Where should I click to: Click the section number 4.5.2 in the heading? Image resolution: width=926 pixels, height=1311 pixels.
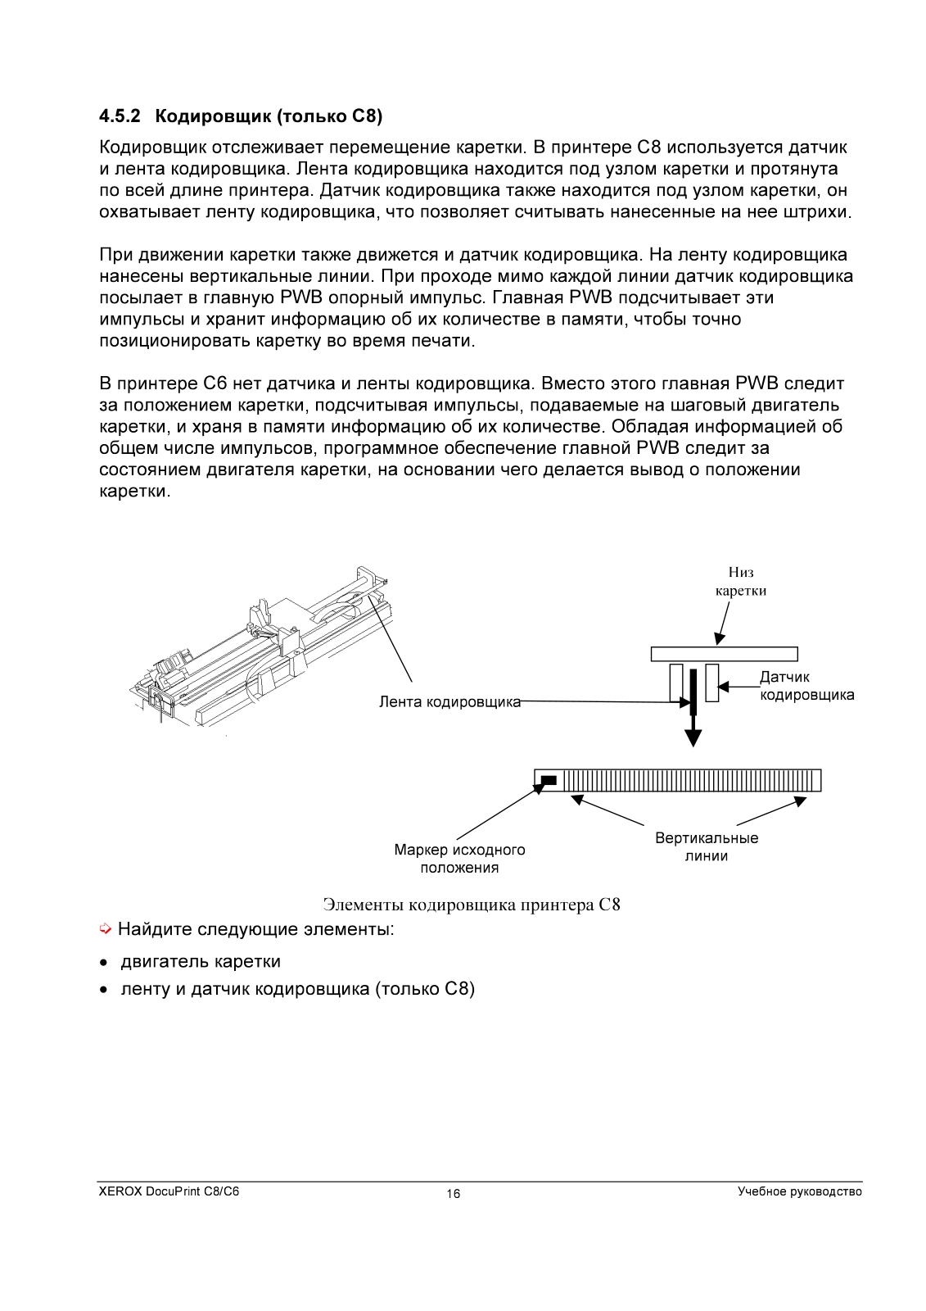point(120,116)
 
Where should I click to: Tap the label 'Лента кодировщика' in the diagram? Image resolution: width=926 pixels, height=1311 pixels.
point(449,702)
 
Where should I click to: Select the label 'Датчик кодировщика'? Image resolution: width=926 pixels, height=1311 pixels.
point(806,686)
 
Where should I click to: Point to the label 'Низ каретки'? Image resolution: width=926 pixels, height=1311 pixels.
point(740,582)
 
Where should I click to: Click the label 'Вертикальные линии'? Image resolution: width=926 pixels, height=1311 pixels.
point(707,847)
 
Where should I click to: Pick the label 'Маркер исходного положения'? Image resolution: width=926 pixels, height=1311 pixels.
point(459,859)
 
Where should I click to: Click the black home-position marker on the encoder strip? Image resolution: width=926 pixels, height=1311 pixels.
point(549,780)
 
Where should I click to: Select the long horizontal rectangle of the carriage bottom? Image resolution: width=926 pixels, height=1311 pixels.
point(724,654)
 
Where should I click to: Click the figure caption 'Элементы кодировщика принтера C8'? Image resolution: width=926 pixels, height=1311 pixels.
point(472,905)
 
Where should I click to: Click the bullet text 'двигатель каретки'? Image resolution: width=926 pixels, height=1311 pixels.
point(201,961)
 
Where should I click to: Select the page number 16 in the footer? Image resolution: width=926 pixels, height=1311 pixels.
point(454,1194)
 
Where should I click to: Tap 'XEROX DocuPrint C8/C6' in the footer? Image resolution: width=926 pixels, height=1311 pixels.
point(169,1191)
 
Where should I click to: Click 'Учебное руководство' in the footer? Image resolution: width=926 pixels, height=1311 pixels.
point(799,1191)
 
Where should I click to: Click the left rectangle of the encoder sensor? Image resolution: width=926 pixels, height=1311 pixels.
point(675,683)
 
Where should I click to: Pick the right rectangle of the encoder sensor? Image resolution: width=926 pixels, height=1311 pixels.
point(711,683)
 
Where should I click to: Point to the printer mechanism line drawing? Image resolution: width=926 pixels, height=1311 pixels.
point(262,647)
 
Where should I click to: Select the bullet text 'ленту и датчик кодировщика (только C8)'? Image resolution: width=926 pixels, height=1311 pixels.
point(297,989)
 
